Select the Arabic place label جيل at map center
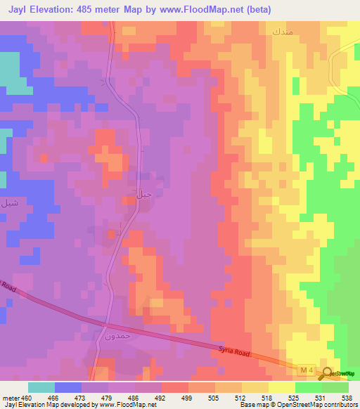[143, 193]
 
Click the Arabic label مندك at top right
[280, 32]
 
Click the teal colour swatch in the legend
[41, 387]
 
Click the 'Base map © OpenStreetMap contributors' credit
[299, 404]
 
